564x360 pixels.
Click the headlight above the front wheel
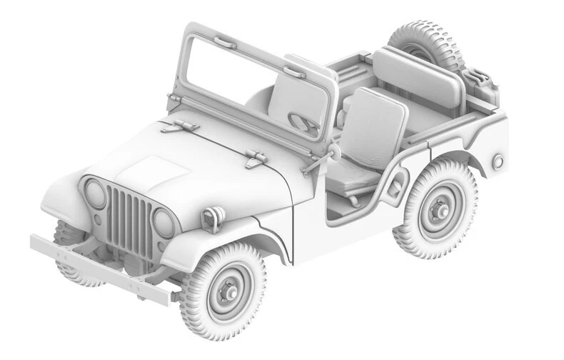[163, 223]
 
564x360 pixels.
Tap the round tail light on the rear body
[497, 162]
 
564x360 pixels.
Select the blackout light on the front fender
[211, 218]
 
